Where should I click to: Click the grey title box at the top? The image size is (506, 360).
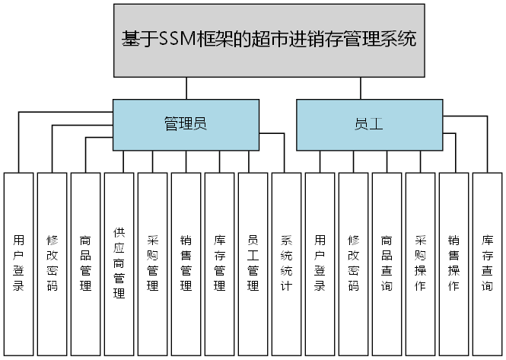pos(269,40)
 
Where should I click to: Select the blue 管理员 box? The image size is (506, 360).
pos(186,124)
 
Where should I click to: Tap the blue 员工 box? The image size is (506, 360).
pos(368,124)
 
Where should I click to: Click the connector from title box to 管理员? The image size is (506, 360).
pos(186,88)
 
